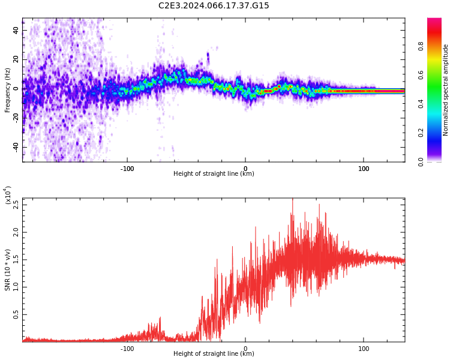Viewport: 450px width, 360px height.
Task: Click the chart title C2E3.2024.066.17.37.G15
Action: [x=214, y=6]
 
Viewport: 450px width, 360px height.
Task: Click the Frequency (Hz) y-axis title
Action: [x=8, y=90]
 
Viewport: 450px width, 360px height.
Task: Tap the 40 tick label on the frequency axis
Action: [x=17, y=31]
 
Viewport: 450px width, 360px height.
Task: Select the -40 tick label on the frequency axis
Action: [x=17, y=148]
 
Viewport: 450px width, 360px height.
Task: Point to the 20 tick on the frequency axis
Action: [x=17, y=60]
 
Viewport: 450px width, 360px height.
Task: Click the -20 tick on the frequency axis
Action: [x=17, y=118]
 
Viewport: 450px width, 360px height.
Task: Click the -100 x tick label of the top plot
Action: [x=127, y=169]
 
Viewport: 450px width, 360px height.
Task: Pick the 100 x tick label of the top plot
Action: [x=364, y=169]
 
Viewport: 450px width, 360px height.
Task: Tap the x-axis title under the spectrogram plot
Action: [x=214, y=174]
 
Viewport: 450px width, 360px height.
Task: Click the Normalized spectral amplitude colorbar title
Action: [x=446, y=90]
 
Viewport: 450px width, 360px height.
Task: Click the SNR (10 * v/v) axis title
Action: [x=8, y=270]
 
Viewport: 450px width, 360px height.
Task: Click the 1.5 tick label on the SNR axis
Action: [x=16, y=260]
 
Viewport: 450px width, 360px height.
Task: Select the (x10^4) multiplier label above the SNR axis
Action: [x=8, y=196]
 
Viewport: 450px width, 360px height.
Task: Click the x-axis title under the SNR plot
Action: [x=214, y=354]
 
